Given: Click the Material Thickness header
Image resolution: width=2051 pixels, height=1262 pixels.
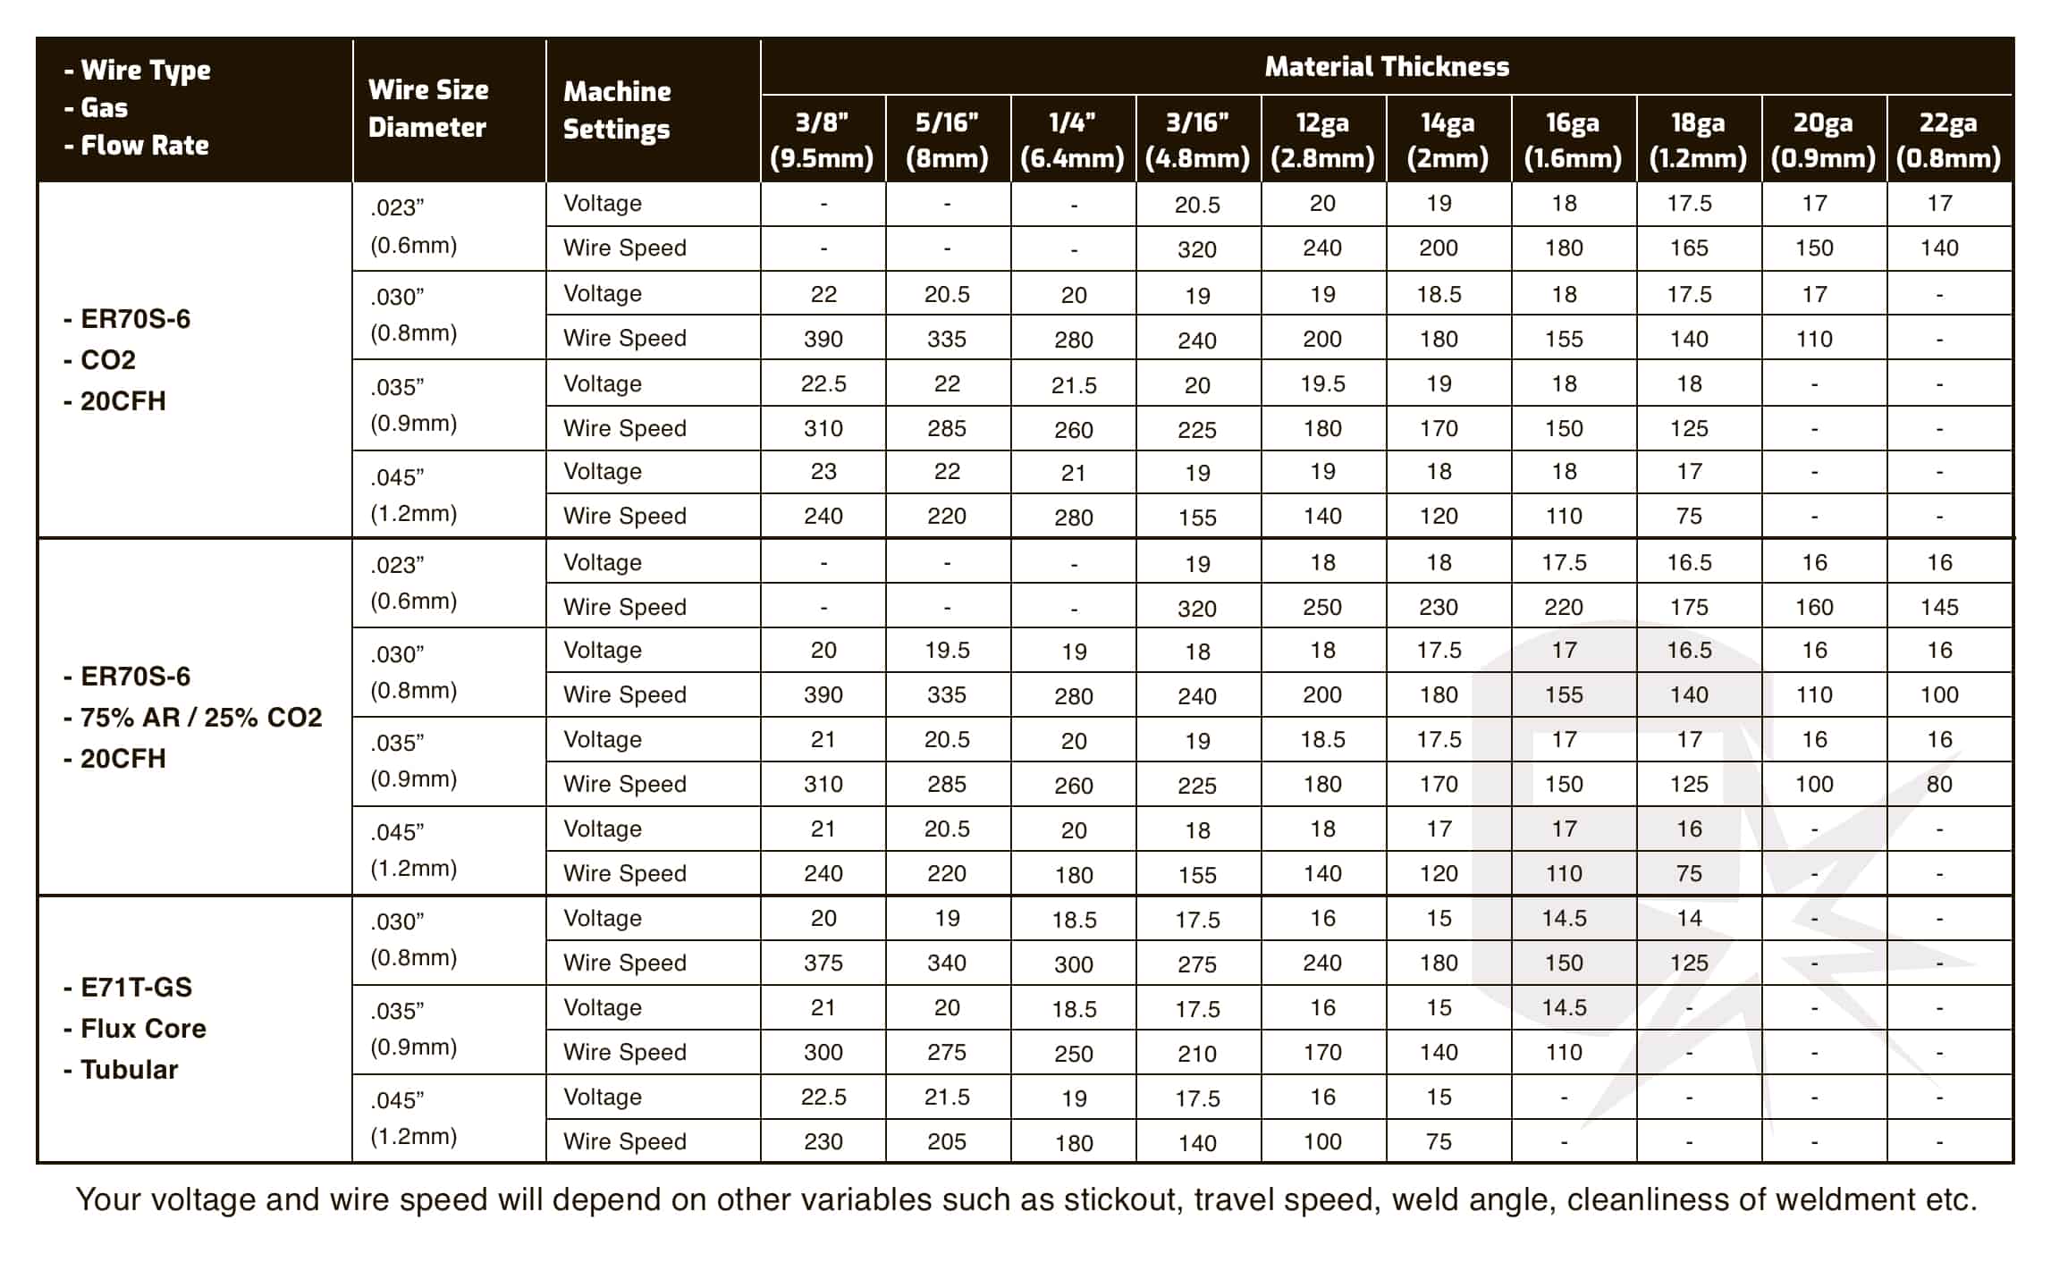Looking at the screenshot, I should pyautogui.click(x=1386, y=67).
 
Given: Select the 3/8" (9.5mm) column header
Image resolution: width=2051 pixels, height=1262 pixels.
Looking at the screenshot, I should pyautogui.click(x=822, y=139).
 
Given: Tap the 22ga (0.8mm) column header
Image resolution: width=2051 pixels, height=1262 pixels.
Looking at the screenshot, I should pyautogui.click(x=1948, y=139).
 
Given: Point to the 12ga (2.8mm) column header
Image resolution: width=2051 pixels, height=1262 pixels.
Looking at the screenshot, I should pyautogui.click(x=1322, y=139).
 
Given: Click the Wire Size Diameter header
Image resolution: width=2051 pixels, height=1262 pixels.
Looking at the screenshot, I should pyautogui.click(x=428, y=108).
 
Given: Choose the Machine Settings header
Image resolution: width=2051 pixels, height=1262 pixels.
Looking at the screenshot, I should pyautogui.click(x=617, y=110).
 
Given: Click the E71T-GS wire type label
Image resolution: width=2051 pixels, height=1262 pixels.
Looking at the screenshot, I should pyautogui.click(x=136, y=988).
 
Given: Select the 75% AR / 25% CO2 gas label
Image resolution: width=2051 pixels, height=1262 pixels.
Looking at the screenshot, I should pyautogui.click(x=200, y=718).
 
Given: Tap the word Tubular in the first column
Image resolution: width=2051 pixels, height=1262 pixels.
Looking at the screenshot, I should pyautogui.click(x=130, y=1070).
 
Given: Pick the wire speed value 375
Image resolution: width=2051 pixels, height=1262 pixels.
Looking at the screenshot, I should pyautogui.click(x=823, y=963).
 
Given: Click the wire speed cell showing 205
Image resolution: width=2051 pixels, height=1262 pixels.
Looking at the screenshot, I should pyautogui.click(x=947, y=1141).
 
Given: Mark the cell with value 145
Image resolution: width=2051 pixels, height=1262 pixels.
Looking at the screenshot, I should pyautogui.click(x=1939, y=607).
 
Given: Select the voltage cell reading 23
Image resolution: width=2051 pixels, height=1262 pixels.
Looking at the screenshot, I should pyautogui.click(x=823, y=471).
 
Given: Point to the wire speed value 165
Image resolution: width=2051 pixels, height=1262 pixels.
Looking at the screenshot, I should pyautogui.click(x=1689, y=248).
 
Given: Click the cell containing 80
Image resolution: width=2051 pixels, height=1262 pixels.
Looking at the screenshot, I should pyautogui.click(x=1939, y=784).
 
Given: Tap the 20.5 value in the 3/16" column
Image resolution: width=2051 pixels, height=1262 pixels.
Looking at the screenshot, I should pyautogui.click(x=1197, y=205).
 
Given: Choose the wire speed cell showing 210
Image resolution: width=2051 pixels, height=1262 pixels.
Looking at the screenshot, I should pyautogui.click(x=1197, y=1053).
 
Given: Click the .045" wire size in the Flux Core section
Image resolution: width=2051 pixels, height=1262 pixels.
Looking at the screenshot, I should pyautogui.click(x=397, y=1100).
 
